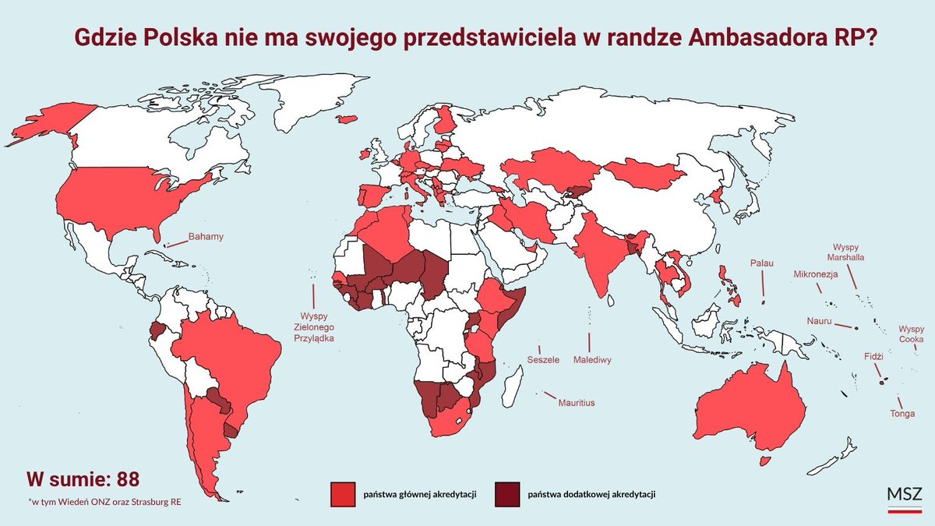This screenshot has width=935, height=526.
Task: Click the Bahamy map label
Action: (x=206, y=236)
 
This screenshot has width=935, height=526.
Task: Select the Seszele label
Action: (x=543, y=361)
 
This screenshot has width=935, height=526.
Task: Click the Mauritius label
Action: (x=576, y=403)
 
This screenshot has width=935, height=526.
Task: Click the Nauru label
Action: (x=820, y=322)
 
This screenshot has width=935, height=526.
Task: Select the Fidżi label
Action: (x=873, y=356)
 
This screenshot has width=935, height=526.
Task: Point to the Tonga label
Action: (x=902, y=414)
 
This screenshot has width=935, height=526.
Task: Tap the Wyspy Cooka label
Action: (x=911, y=334)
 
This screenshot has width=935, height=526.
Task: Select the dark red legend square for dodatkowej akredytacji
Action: (x=507, y=493)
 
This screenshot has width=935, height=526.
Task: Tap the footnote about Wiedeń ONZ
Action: (x=104, y=500)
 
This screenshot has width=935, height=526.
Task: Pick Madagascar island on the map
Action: (x=512, y=387)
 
